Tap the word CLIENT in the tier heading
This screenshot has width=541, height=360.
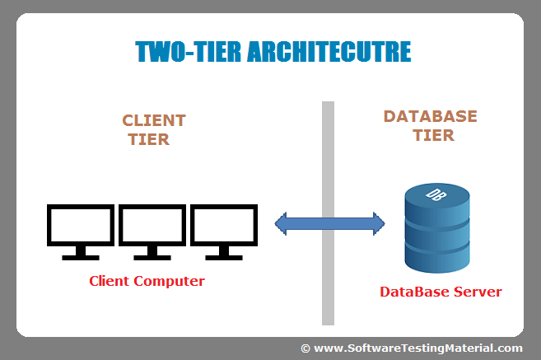pyautogui.click(x=154, y=121)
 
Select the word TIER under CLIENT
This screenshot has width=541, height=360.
pyautogui.click(x=149, y=140)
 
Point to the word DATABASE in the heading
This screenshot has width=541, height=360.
pyautogui.click(x=430, y=116)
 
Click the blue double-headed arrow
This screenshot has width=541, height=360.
pyautogui.click(x=329, y=222)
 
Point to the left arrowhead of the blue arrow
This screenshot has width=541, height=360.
pyautogui.click(x=282, y=222)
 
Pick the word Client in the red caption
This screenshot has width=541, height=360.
pyautogui.click(x=110, y=282)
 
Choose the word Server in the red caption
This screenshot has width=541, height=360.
pyautogui.click(x=478, y=292)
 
